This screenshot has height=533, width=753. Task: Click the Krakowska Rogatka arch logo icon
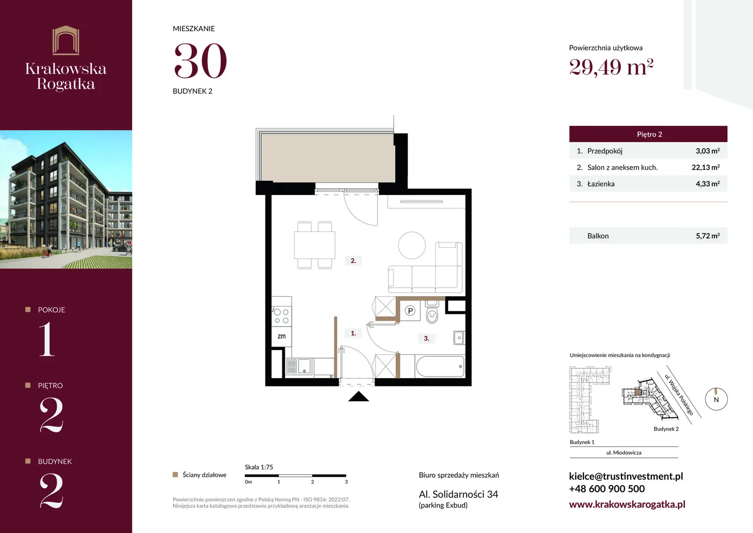(66, 40)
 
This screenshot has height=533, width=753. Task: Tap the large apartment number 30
(201, 61)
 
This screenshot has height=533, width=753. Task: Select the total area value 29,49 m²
(611, 67)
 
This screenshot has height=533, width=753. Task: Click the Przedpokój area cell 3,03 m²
(708, 151)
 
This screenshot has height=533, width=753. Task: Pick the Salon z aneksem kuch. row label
(622, 167)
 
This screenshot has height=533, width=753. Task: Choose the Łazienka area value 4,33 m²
(708, 184)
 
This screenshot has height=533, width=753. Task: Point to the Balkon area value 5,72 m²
(708, 236)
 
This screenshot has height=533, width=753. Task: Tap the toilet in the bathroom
(432, 312)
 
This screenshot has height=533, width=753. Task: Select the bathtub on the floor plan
(440, 366)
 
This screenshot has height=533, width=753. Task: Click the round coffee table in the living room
(412, 245)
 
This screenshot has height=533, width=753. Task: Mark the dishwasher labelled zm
(281, 337)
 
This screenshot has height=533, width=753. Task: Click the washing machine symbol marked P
(410, 310)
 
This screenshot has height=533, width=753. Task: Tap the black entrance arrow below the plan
(358, 396)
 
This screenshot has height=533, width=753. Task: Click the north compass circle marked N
(716, 399)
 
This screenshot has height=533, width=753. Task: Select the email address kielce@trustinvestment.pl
(626, 476)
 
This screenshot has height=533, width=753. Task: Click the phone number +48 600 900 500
(607, 489)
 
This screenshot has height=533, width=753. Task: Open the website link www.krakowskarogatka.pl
(627, 504)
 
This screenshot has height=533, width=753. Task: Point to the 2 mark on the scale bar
(312, 482)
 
